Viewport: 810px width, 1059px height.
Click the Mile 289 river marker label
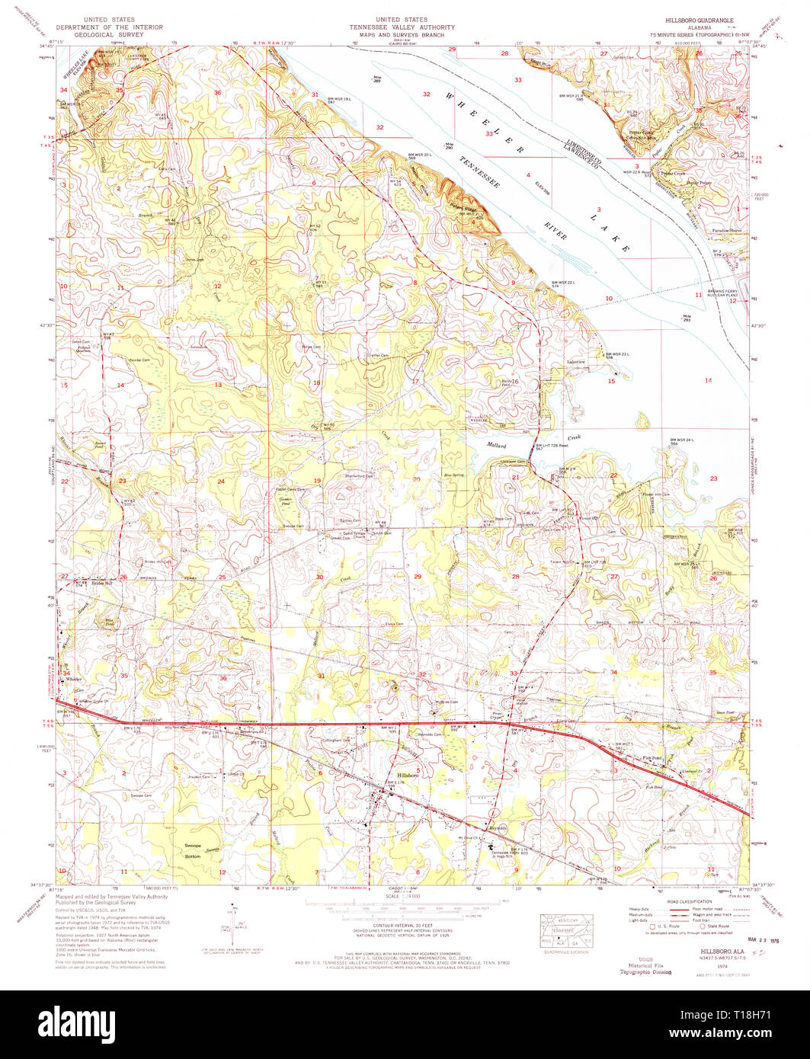[376, 78]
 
